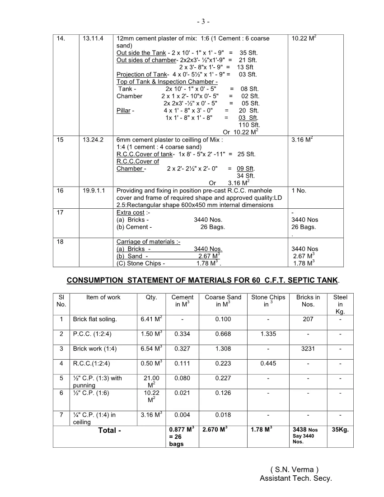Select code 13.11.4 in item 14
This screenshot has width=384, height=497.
point(94,39)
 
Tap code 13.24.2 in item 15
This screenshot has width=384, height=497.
point(94,140)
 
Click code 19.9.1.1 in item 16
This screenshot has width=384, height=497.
point(95,191)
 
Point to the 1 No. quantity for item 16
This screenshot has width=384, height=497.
point(299,191)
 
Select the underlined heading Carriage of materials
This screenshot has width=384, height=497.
point(144,242)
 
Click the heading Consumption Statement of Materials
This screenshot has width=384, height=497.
point(202,280)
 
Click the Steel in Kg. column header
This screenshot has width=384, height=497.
point(340,304)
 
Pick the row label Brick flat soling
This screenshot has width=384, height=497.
point(95,319)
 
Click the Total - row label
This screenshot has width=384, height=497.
point(110,431)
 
